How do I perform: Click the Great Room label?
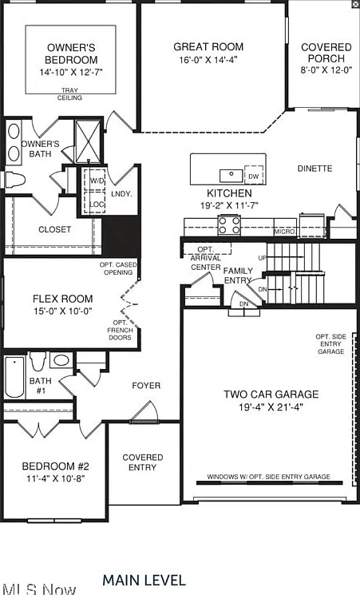(x=208, y=46)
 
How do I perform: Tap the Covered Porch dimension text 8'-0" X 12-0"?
(x=326, y=70)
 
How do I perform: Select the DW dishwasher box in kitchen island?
(x=254, y=175)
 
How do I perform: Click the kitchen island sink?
(x=231, y=176)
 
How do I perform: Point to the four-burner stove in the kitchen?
(x=229, y=225)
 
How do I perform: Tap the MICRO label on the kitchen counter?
(x=284, y=232)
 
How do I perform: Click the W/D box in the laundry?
(x=94, y=180)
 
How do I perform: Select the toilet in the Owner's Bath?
(x=15, y=180)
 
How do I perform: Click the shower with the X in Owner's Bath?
(x=88, y=141)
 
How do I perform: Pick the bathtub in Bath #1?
(x=14, y=377)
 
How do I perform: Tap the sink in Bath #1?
(x=61, y=359)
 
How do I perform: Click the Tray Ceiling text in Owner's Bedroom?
(x=69, y=94)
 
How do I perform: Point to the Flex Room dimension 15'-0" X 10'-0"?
(x=63, y=311)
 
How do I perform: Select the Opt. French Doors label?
(x=120, y=330)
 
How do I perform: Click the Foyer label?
(x=146, y=386)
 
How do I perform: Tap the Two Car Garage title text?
(x=271, y=395)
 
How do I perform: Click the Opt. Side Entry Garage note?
(x=330, y=343)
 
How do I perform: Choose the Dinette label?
(x=315, y=169)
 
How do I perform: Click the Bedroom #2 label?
(x=55, y=466)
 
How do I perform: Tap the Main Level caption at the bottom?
(x=144, y=580)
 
